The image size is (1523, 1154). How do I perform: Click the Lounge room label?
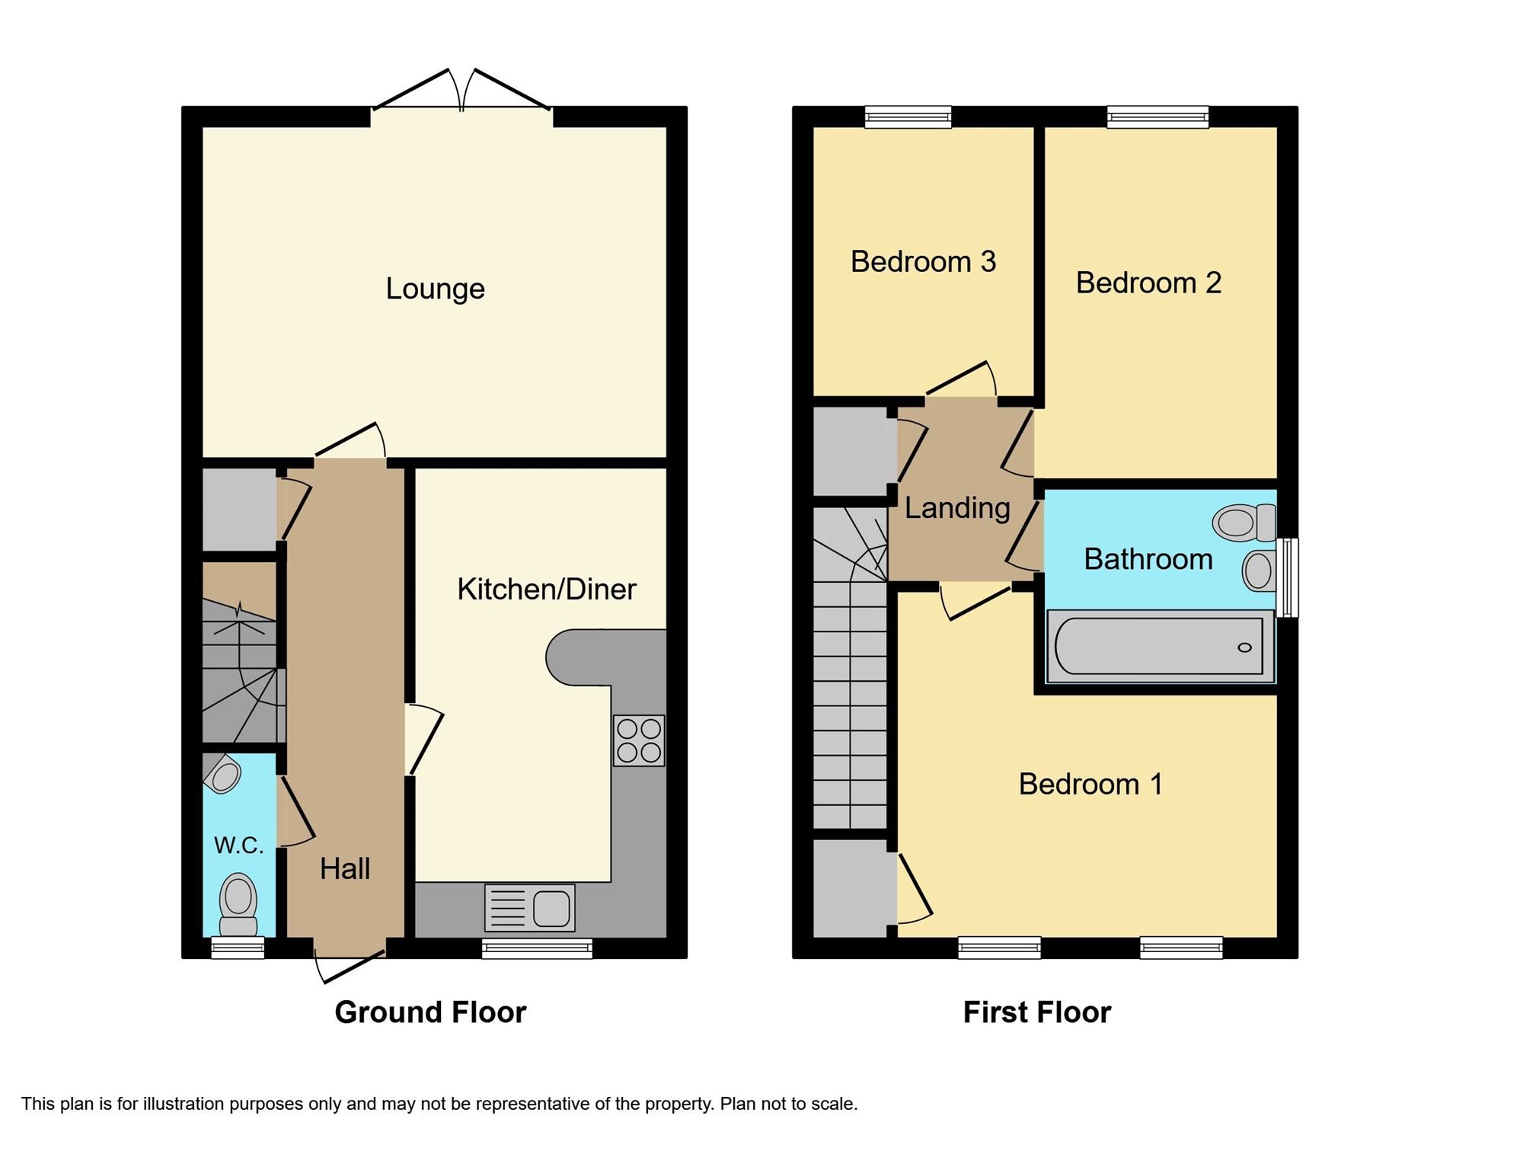[x=435, y=289]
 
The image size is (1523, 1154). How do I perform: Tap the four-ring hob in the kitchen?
[x=639, y=740]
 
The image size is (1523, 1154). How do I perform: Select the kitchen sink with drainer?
[x=529, y=908]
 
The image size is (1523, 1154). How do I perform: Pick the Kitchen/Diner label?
[x=546, y=589]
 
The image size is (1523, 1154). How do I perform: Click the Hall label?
[x=344, y=868]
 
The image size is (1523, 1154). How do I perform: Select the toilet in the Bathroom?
[x=1244, y=523]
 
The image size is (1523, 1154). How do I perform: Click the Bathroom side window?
[x=1287, y=577]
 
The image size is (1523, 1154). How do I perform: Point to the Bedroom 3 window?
[x=908, y=117]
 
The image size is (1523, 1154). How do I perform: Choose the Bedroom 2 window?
[x=1157, y=117]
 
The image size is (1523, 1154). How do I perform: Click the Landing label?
[x=957, y=508]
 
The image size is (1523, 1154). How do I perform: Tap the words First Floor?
[x=1036, y=1012]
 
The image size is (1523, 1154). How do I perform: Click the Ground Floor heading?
[x=430, y=1012]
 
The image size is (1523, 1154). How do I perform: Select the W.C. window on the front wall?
[x=238, y=948]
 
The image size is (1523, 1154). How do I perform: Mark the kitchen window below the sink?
[x=537, y=948]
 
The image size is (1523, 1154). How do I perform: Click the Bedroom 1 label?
[x=1090, y=784]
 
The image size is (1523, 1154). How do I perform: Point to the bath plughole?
[x=1244, y=647]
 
